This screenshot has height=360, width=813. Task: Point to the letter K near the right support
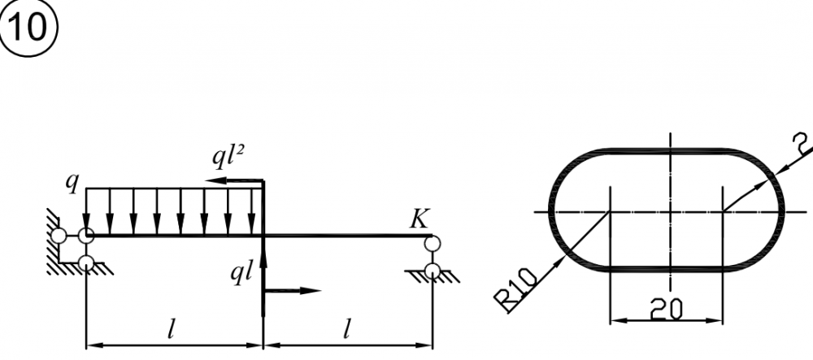pos(420,219)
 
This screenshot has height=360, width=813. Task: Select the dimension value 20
pos(667,310)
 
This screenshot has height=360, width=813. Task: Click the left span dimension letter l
pos(171,331)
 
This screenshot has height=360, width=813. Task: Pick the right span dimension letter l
pos(346,331)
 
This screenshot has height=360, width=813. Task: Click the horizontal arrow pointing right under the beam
pos(293,291)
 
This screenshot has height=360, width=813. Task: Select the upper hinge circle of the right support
pos(432,243)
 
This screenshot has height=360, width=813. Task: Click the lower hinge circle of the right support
pos(432,271)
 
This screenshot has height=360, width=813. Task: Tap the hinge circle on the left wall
pos(59,236)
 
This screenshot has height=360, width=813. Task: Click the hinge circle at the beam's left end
pos(86,236)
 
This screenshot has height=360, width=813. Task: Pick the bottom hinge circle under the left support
pos(86,263)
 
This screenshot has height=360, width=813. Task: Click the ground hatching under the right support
pos(433,277)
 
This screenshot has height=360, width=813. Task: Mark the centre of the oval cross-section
pos(671,212)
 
